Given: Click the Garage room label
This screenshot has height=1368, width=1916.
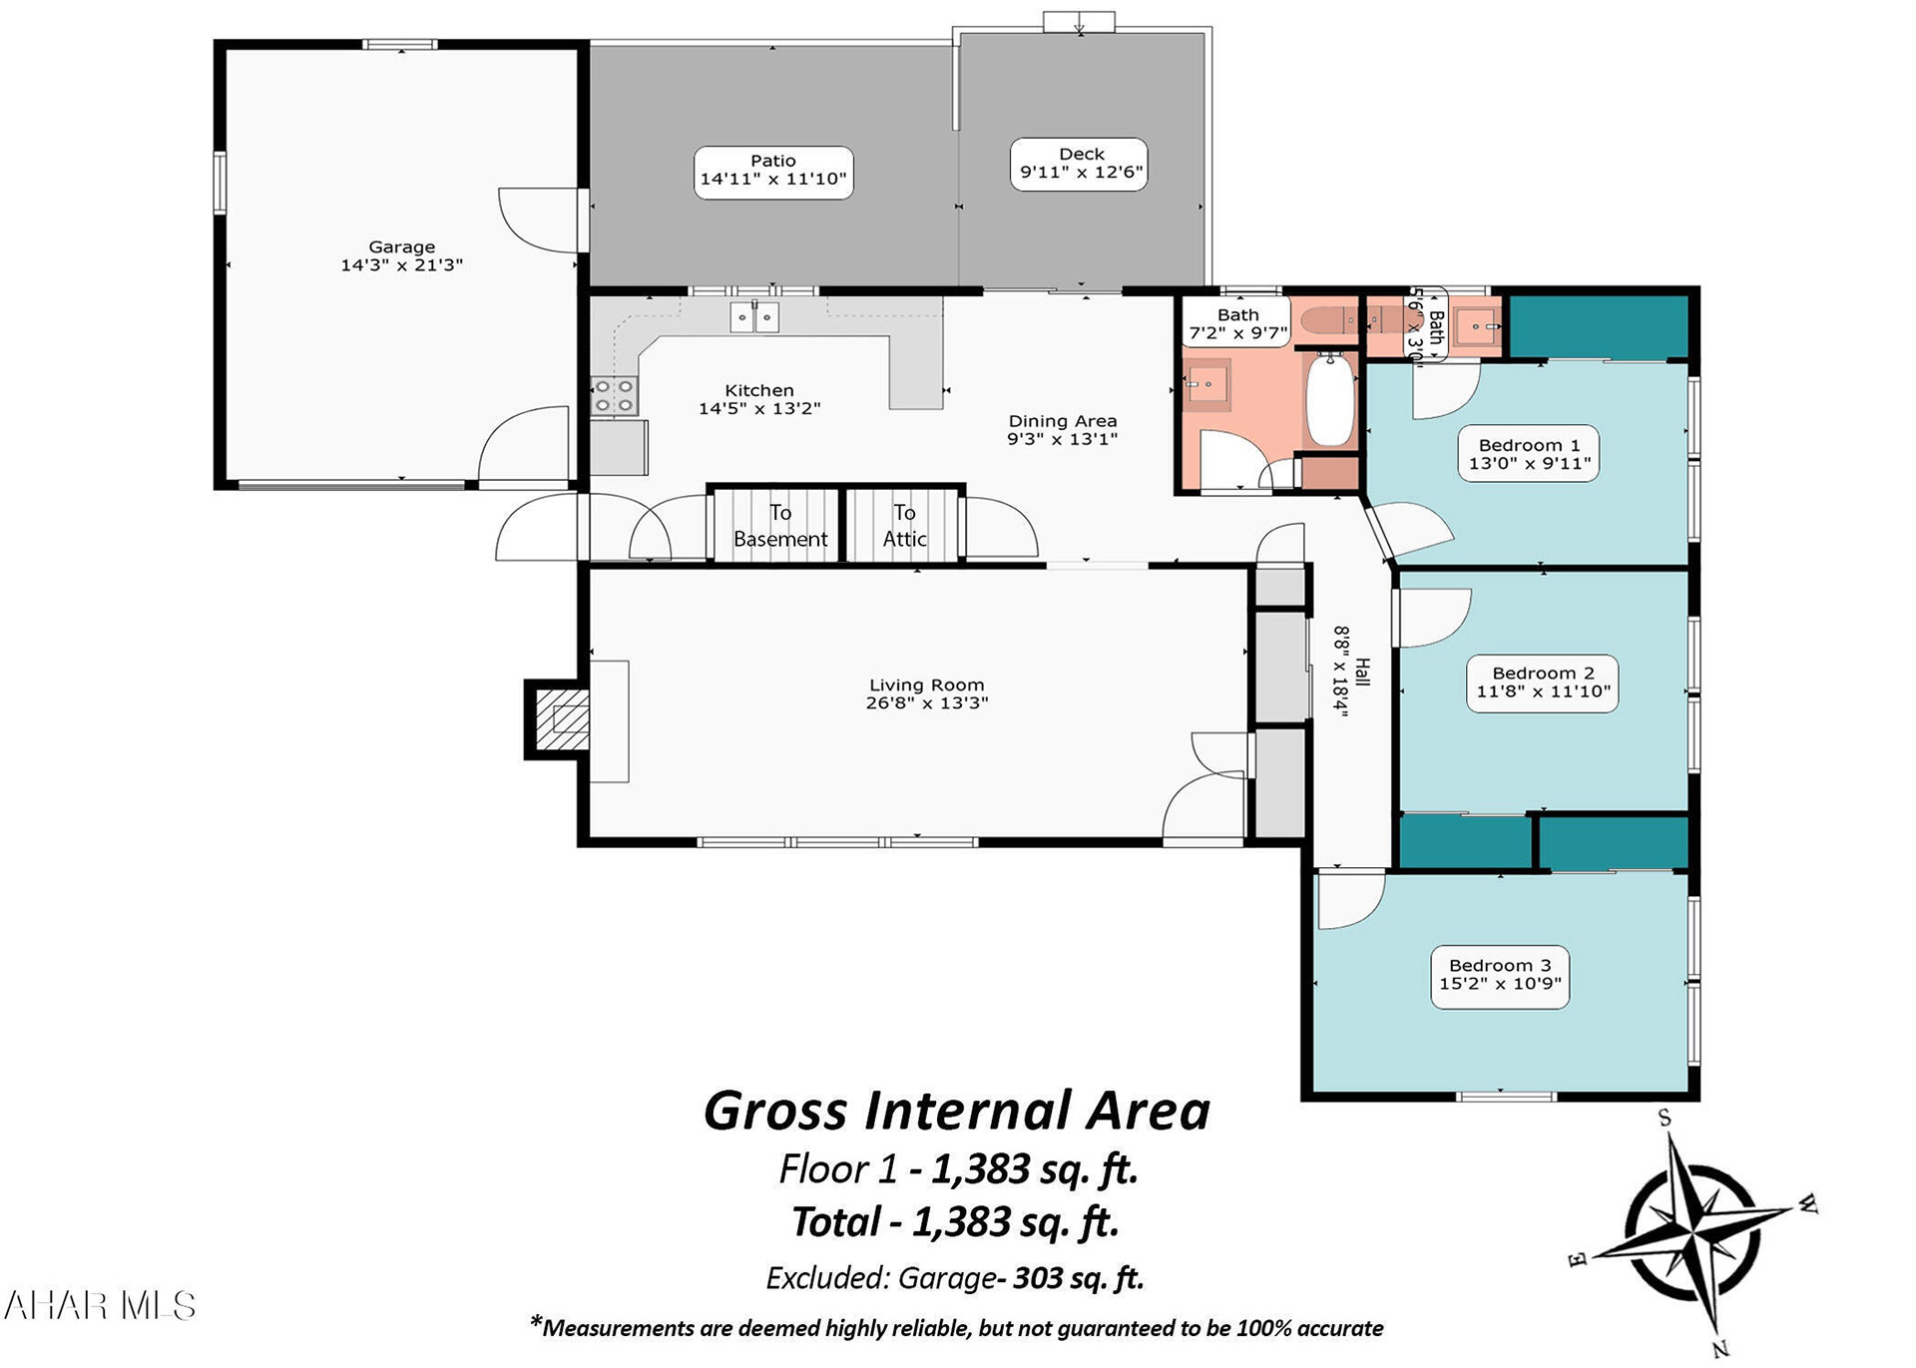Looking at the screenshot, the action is tap(402, 255).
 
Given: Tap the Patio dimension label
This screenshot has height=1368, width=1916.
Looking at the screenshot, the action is tap(773, 179).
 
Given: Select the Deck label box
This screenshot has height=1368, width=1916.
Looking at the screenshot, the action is tap(1079, 164).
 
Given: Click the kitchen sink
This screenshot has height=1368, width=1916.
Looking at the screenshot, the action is tap(753, 316).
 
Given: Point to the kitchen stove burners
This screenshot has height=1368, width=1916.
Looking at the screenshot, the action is tap(614, 395).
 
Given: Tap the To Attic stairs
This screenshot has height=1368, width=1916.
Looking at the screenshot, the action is tap(904, 525).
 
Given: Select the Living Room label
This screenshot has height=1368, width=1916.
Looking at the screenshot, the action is tap(927, 693).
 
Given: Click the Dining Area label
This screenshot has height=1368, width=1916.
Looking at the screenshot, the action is tap(1063, 430).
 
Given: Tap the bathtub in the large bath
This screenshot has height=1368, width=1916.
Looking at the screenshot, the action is tap(1329, 398).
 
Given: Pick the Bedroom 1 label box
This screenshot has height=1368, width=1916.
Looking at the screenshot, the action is tap(1529, 454).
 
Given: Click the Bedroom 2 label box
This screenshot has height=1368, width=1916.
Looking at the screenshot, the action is tap(1543, 683).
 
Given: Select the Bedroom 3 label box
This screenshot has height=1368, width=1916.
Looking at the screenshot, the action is tap(1500, 975).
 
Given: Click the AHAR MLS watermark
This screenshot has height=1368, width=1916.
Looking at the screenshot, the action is tap(100, 1306).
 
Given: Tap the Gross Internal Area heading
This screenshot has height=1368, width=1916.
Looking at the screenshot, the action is tap(957, 1111).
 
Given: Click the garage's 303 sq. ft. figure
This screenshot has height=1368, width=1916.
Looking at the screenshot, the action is tap(1078, 1278).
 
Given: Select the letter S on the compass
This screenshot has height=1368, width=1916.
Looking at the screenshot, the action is tap(1665, 1118).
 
